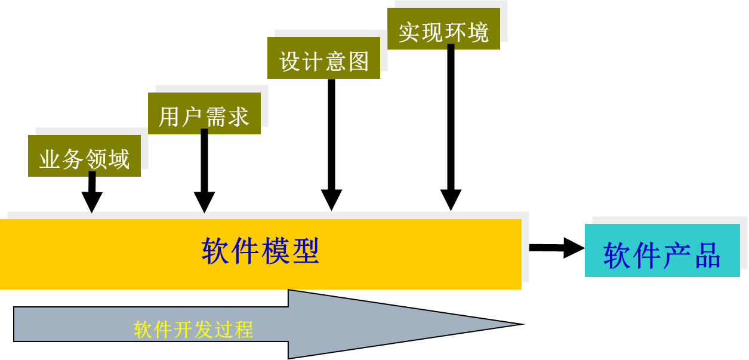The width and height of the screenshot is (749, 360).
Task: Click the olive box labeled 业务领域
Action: pyautogui.click(x=84, y=155)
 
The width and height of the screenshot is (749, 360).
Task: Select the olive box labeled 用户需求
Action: pyautogui.click(x=204, y=113)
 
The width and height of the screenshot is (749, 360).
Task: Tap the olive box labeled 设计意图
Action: pyautogui.click(x=323, y=57)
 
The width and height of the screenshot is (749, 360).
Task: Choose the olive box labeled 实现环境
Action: pyautogui.click(x=443, y=28)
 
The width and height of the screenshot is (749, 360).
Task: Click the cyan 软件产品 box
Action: pyautogui.click(x=662, y=250)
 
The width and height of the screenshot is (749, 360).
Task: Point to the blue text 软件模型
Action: pyautogui.click(x=260, y=251)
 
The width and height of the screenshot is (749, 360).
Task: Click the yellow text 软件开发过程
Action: pyautogui.click(x=193, y=330)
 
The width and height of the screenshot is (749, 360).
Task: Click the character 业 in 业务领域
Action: pyautogui.click(x=50, y=160)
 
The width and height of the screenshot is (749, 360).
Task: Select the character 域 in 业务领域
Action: pyautogui.click(x=119, y=160)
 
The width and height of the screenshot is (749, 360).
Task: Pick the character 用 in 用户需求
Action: pyautogui.click(x=169, y=117)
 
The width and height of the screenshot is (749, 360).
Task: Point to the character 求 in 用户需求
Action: pyautogui.click(x=238, y=117)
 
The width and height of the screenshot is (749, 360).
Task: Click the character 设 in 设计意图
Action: pyautogui.click(x=289, y=61)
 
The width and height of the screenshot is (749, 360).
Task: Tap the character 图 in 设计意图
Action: pyautogui.click(x=359, y=61)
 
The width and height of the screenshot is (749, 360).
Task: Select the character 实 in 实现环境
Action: pyautogui.click(x=409, y=32)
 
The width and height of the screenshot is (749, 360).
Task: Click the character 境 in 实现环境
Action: pyautogui.click(x=478, y=32)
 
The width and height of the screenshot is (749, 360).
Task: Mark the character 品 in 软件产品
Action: pyautogui.click(x=707, y=256)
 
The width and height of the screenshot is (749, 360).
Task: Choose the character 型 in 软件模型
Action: pyautogui.click(x=306, y=251)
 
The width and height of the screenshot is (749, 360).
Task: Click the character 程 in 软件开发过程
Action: pyautogui.click(x=244, y=330)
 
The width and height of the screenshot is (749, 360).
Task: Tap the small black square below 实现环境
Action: pyautogui.click(x=451, y=47)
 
